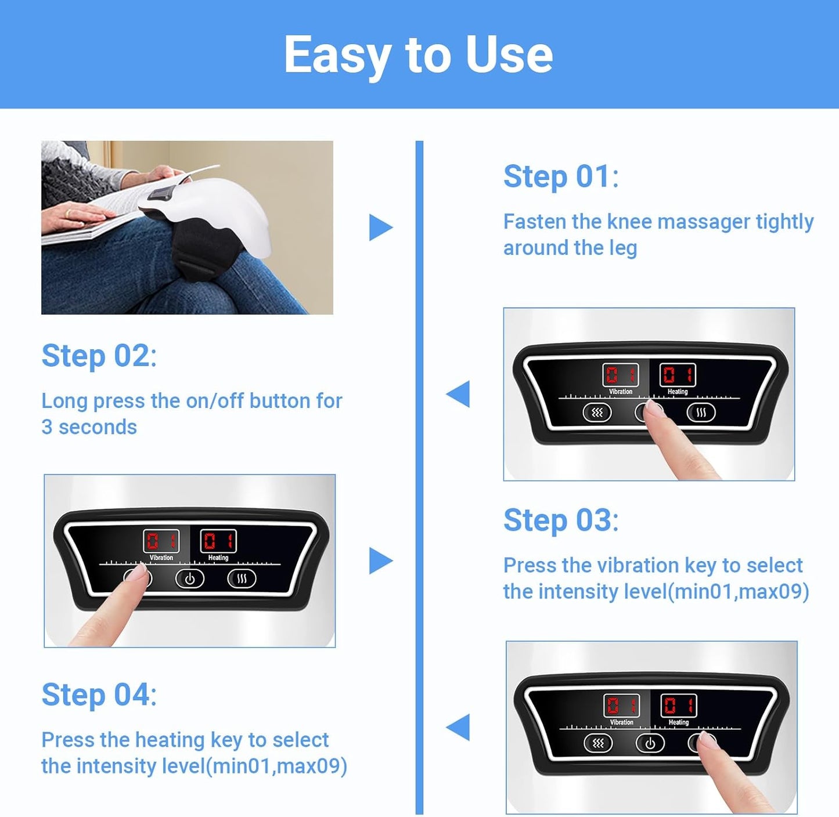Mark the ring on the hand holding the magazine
tap(68, 214)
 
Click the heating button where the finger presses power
tap(701, 413)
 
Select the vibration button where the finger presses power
tap(597, 413)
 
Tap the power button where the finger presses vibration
tap(190, 579)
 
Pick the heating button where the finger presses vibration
tap(242, 579)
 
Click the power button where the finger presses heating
tap(650, 743)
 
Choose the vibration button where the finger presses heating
tap(598, 743)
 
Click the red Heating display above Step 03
tap(678, 375)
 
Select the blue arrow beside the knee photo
tap(380, 227)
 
